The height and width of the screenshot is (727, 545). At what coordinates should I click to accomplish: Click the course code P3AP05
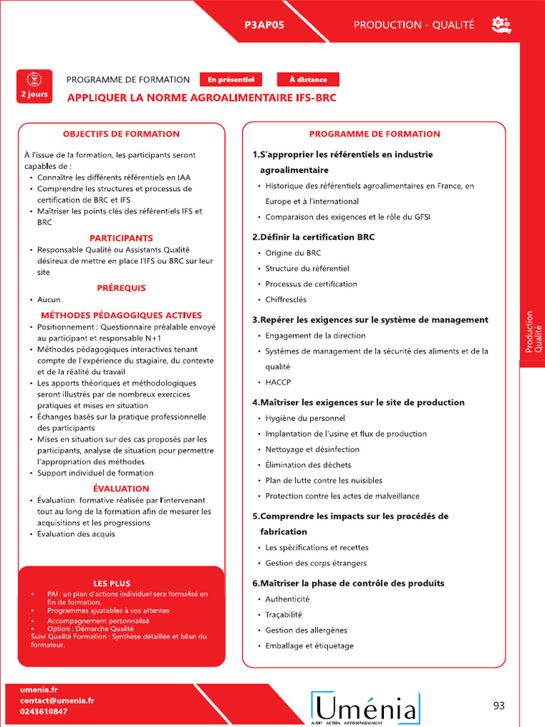(x=264, y=25)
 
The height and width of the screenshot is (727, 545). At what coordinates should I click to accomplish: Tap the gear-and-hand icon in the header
(x=501, y=26)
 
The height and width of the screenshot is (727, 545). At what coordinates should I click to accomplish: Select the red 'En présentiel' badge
(x=231, y=80)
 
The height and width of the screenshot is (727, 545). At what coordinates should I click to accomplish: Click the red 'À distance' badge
(x=308, y=80)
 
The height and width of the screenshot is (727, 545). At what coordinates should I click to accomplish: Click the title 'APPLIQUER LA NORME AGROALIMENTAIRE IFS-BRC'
(x=202, y=98)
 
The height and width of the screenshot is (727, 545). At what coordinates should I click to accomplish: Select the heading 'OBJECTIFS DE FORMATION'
(x=121, y=133)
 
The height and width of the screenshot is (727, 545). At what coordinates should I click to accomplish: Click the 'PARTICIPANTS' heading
(x=121, y=238)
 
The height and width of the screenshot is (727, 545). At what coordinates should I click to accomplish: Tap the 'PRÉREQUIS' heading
(x=121, y=288)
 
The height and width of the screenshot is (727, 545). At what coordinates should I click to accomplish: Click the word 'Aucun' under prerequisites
(x=49, y=300)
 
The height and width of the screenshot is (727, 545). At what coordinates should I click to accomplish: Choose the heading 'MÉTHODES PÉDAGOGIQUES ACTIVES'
(x=121, y=315)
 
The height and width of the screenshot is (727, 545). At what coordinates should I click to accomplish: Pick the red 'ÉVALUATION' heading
(x=121, y=488)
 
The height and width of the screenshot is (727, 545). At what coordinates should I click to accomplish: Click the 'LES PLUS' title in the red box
(x=112, y=584)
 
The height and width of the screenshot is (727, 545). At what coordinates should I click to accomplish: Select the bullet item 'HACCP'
(x=278, y=382)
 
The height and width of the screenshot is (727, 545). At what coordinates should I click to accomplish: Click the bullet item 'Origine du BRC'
(x=293, y=253)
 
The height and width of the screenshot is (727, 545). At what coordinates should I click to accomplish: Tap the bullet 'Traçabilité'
(x=284, y=615)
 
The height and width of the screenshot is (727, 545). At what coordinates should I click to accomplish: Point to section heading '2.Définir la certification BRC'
(x=313, y=237)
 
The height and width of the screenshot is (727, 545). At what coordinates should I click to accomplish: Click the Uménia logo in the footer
(x=365, y=707)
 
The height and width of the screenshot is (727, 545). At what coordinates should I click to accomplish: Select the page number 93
(x=499, y=705)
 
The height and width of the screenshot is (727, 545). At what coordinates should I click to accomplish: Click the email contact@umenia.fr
(x=57, y=700)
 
